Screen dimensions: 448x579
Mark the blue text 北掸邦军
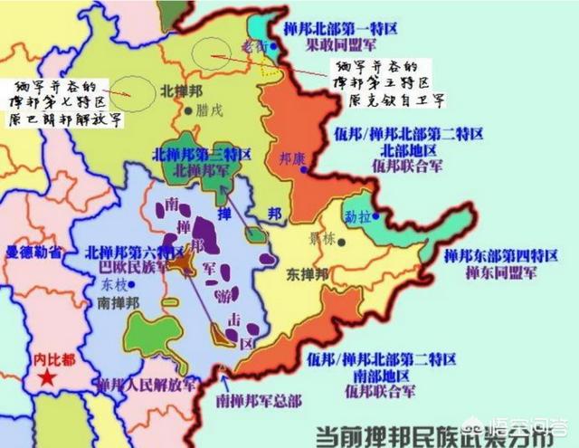click(x=201, y=170)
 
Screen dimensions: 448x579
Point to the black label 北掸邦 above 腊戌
click(x=179, y=91)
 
